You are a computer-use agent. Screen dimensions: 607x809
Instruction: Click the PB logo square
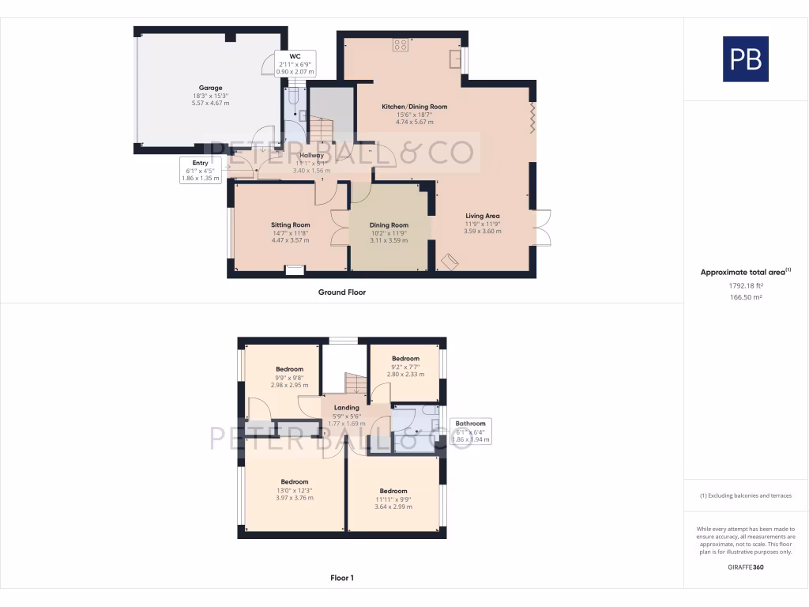click(745, 59)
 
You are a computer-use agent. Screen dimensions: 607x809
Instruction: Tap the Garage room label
click(210, 88)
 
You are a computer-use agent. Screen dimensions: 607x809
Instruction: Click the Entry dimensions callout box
click(200, 171)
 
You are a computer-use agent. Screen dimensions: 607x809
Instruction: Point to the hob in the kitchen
click(401, 45)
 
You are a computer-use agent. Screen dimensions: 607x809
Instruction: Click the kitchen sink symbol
click(456, 60)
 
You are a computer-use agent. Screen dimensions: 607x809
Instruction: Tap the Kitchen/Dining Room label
click(414, 107)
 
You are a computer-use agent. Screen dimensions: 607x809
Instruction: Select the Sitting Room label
click(291, 224)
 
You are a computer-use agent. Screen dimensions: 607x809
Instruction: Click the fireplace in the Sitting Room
click(294, 270)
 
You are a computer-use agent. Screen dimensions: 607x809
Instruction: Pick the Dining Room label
click(389, 224)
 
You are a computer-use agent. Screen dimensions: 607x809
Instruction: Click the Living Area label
click(482, 216)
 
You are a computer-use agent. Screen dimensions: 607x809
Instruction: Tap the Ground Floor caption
click(341, 292)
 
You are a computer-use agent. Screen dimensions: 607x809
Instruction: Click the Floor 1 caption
click(341, 578)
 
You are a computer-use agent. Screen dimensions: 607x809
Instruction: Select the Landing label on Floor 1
click(346, 408)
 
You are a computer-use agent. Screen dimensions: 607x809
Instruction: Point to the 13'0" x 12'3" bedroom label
click(294, 481)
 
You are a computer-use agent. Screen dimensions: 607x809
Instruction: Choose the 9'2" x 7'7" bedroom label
click(405, 358)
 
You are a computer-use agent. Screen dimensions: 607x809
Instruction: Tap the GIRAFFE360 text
click(745, 567)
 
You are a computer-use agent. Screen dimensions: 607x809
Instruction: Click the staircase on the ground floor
click(321, 130)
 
